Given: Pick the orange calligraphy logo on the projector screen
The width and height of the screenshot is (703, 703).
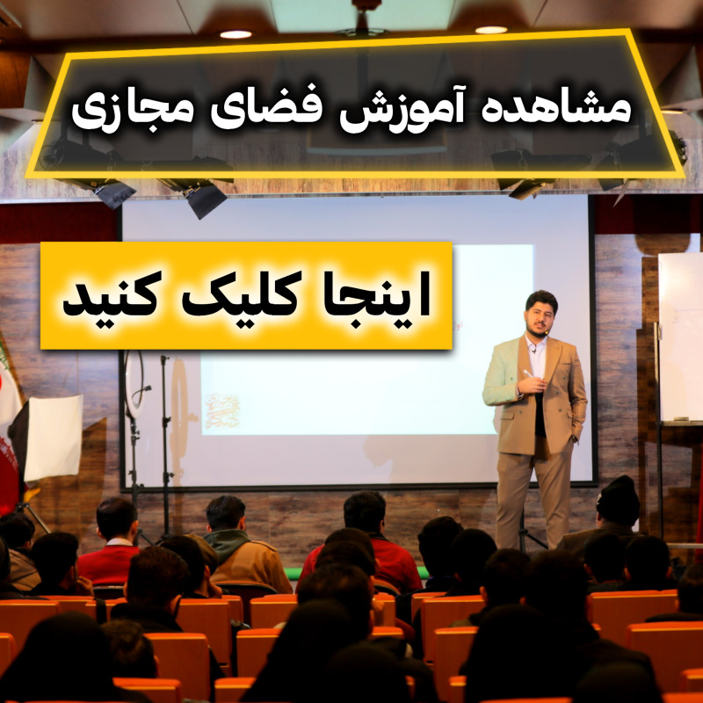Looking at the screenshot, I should point(221,411).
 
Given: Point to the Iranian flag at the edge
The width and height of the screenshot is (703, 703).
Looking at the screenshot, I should point(9,422).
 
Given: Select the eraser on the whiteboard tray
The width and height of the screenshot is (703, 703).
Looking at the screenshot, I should point(680,418).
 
